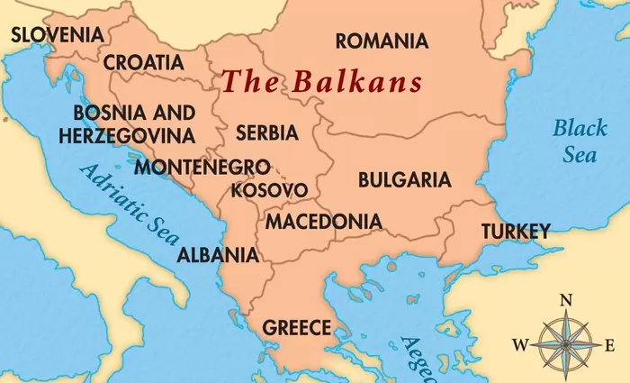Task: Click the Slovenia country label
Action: (56, 34)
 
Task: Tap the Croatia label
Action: (144, 63)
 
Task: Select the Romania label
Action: (382, 41)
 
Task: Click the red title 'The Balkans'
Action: (322, 82)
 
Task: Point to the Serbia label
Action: (266, 132)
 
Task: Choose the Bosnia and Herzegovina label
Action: (127, 124)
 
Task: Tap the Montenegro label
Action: (202, 167)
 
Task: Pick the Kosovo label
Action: (269, 190)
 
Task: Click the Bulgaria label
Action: (404, 179)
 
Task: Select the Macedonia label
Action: (323, 221)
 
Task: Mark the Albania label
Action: (218, 254)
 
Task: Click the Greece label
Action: (296, 327)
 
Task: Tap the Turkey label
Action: (515, 232)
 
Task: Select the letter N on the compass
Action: (566, 300)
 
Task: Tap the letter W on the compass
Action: (520, 344)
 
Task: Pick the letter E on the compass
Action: (609, 344)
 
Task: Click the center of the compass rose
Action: (565, 343)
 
